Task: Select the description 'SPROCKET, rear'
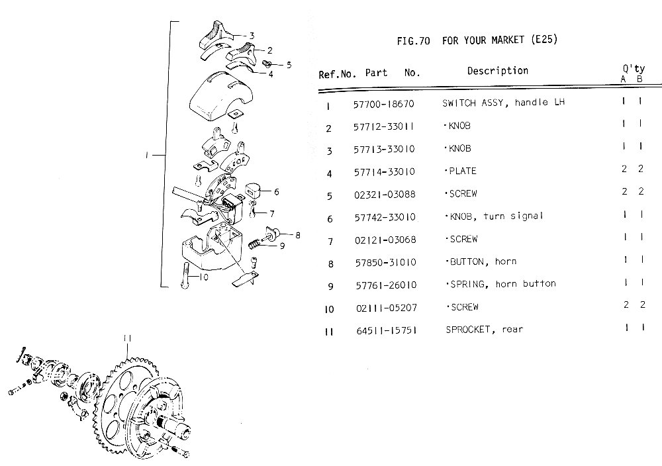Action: click(x=484, y=329)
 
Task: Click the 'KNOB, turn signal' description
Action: click(x=493, y=216)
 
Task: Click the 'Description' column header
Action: click(x=497, y=71)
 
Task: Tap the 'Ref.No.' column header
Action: click(x=338, y=74)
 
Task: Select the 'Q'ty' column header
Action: click(x=632, y=70)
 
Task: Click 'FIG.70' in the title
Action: click(x=414, y=41)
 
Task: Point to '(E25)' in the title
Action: click(x=544, y=40)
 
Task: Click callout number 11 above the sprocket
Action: click(x=127, y=339)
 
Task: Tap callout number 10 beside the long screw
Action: click(x=204, y=277)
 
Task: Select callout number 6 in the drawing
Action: click(x=275, y=192)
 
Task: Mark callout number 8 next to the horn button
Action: click(x=298, y=234)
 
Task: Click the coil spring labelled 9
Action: click(x=256, y=245)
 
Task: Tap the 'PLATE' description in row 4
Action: click(x=461, y=171)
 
